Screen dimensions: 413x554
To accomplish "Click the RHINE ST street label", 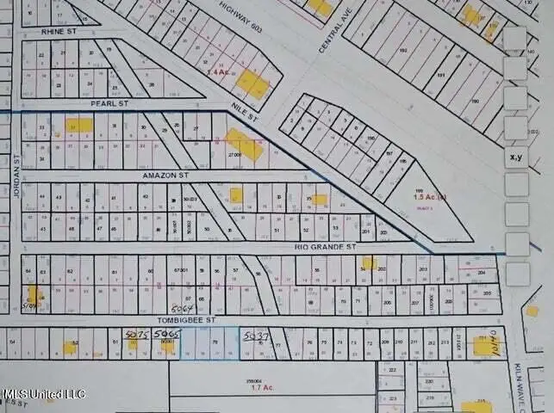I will click(59, 31).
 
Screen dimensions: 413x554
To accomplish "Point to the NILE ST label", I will click(244, 113).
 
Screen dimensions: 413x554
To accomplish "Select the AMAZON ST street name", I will click(165, 175).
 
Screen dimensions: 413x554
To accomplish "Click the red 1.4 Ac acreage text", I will click(217, 73).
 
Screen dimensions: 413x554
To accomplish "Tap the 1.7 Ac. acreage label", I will click(261, 388).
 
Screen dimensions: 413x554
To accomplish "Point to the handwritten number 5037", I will click(257, 334).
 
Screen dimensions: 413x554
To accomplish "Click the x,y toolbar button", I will click(516, 157).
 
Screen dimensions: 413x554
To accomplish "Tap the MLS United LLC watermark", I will click(43, 394).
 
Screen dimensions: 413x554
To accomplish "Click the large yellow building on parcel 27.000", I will click(245, 146).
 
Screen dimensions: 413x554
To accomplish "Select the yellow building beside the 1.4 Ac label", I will click(252, 83).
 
